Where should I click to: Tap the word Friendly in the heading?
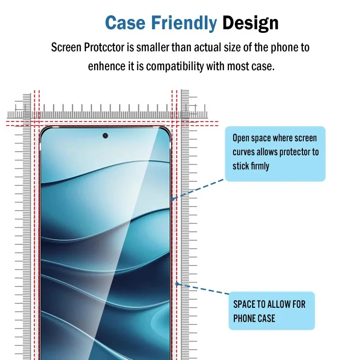click(x=184, y=22)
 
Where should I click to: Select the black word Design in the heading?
click(x=250, y=22)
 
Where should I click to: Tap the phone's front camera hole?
click(x=105, y=135)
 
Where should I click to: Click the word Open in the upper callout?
click(x=241, y=139)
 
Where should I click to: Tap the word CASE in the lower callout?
click(x=266, y=319)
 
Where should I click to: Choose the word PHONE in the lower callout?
click(x=244, y=319)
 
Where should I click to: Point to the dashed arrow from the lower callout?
click(x=202, y=289)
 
